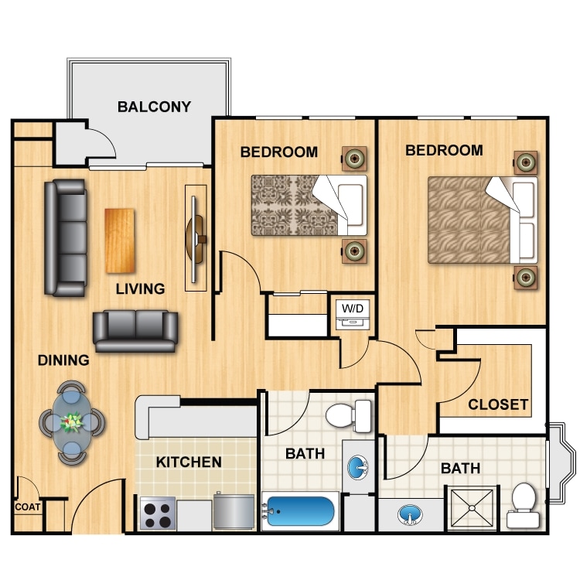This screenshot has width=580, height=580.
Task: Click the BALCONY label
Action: click(x=154, y=107)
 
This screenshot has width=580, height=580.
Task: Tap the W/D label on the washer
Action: click(x=352, y=309)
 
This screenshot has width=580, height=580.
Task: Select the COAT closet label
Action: click(x=26, y=507)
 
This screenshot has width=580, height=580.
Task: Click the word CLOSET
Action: click(x=498, y=404)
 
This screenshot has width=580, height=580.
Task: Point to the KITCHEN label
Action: click(x=189, y=462)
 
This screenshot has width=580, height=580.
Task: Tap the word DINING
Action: click(x=63, y=360)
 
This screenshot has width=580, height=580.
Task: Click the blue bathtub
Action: click(x=301, y=512)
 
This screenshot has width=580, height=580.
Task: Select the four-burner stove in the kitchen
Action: click(x=158, y=513)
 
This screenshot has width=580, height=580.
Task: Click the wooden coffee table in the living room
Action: click(x=120, y=241)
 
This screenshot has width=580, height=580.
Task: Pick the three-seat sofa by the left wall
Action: click(x=65, y=237)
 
